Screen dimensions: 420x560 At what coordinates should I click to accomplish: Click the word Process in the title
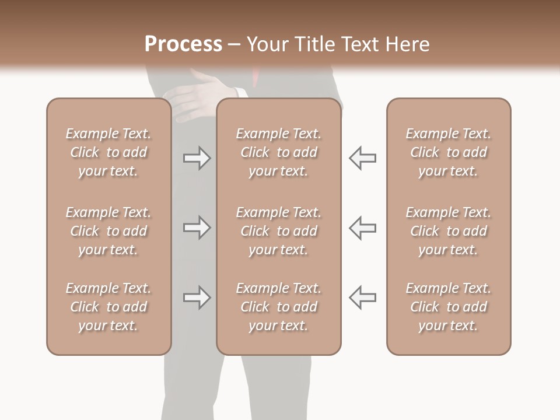pyautogui.click(x=183, y=44)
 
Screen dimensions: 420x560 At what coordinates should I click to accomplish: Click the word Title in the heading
pyautogui.click(x=315, y=44)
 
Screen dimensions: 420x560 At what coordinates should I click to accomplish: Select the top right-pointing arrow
pyautogui.click(x=197, y=158)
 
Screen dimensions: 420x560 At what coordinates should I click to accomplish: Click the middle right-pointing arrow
pyautogui.click(x=197, y=228)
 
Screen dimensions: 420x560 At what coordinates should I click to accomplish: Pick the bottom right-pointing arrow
pyautogui.click(x=197, y=297)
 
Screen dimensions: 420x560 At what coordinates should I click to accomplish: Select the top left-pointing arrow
pyautogui.click(x=362, y=158)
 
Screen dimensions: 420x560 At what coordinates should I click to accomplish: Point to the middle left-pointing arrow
pyautogui.click(x=362, y=228)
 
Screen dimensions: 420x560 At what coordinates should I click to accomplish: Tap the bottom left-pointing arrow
pyautogui.click(x=362, y=297)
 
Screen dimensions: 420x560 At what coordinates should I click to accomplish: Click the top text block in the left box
pyautogui.click(x=108, y=152)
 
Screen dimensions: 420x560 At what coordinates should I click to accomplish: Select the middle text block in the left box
pyautogui.click(x=108, y=231)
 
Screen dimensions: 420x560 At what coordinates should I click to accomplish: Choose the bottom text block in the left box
pyautogui.click(x=108, y=307)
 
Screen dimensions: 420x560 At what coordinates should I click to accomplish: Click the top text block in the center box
pyautogui.click(x=278, y=152)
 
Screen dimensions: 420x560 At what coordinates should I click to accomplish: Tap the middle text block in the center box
pyautogui.click(x=278, y=231)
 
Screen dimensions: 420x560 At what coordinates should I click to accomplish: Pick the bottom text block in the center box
pyautogui.click(x=278, y=307)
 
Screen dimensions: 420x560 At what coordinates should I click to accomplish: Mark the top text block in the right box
pyautogui.click(x=448, y=152)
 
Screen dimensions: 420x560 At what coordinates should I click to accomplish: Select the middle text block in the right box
pyautogui.click(x=448, y=231)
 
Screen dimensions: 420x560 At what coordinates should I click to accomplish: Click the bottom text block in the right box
pyautogui.click(x=448, y=307)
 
